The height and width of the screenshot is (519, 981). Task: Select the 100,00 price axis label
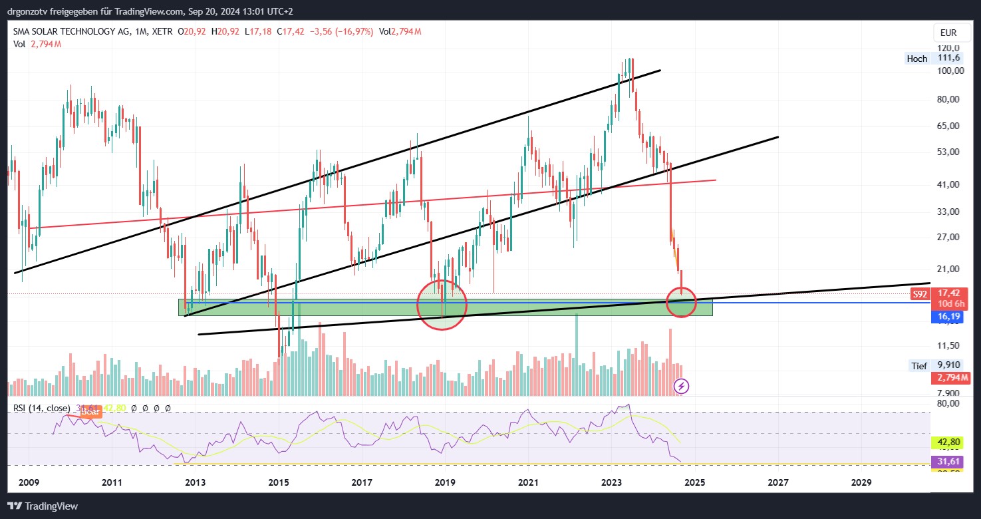(x=950, y=71)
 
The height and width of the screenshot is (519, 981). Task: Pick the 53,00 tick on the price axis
(x=950, y=152)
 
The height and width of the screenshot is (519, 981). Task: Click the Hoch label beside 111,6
(x=916, y=59)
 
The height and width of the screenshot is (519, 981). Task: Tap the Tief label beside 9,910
(x=918, y=365)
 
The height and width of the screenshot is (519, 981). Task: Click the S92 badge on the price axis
(x=920, y=293)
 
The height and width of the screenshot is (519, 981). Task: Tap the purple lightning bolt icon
(x=681, y=386)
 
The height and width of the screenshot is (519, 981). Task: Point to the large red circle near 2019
(x=442, y=305)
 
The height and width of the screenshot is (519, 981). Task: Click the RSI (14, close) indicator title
(x=41, y=408)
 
